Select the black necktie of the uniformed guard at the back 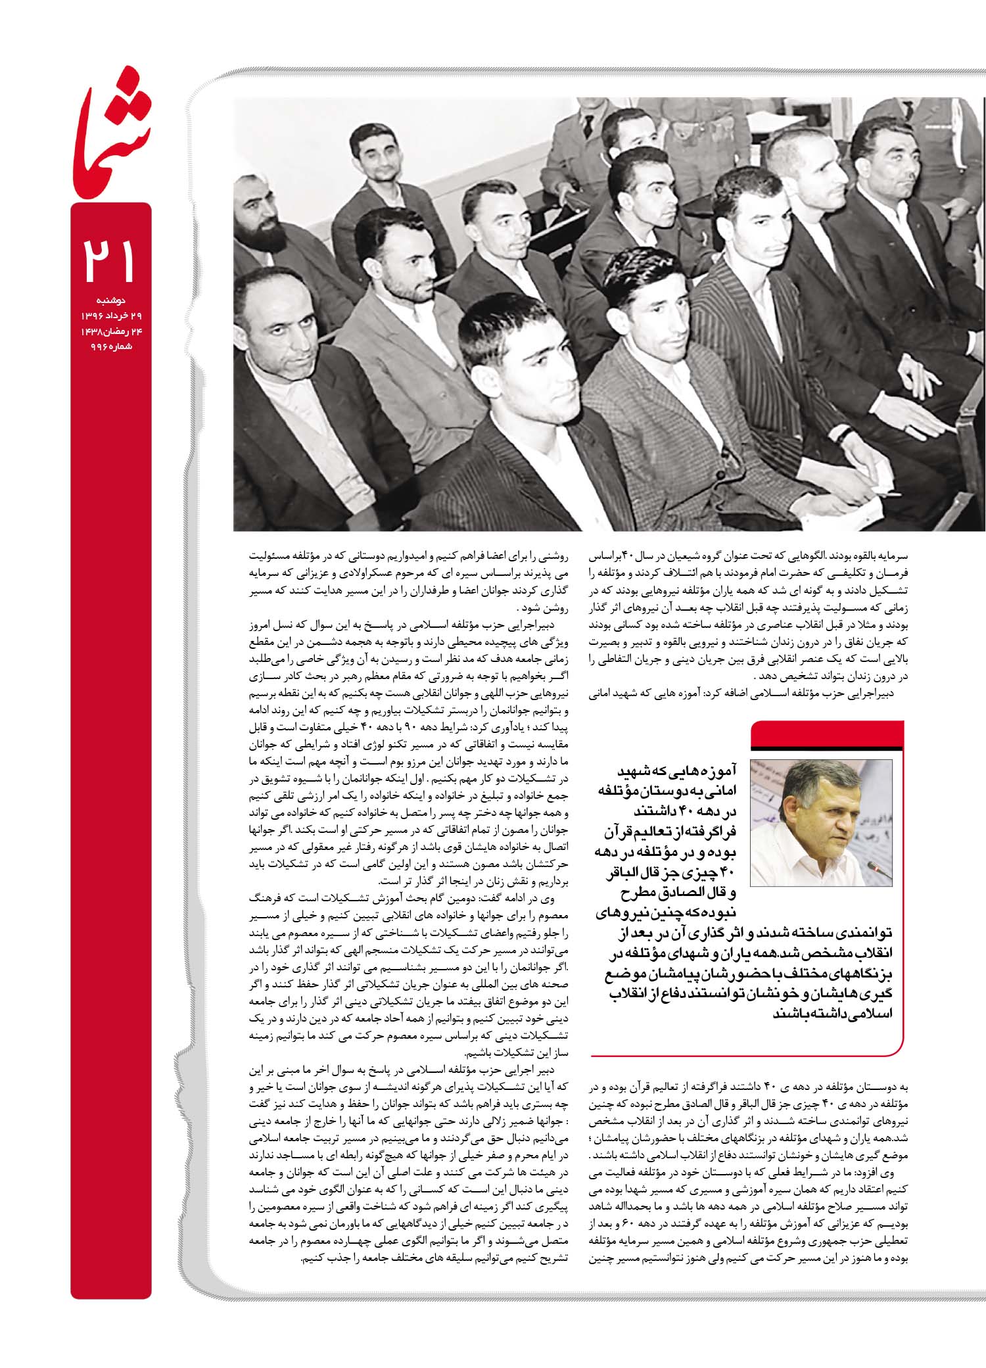(586, 128)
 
